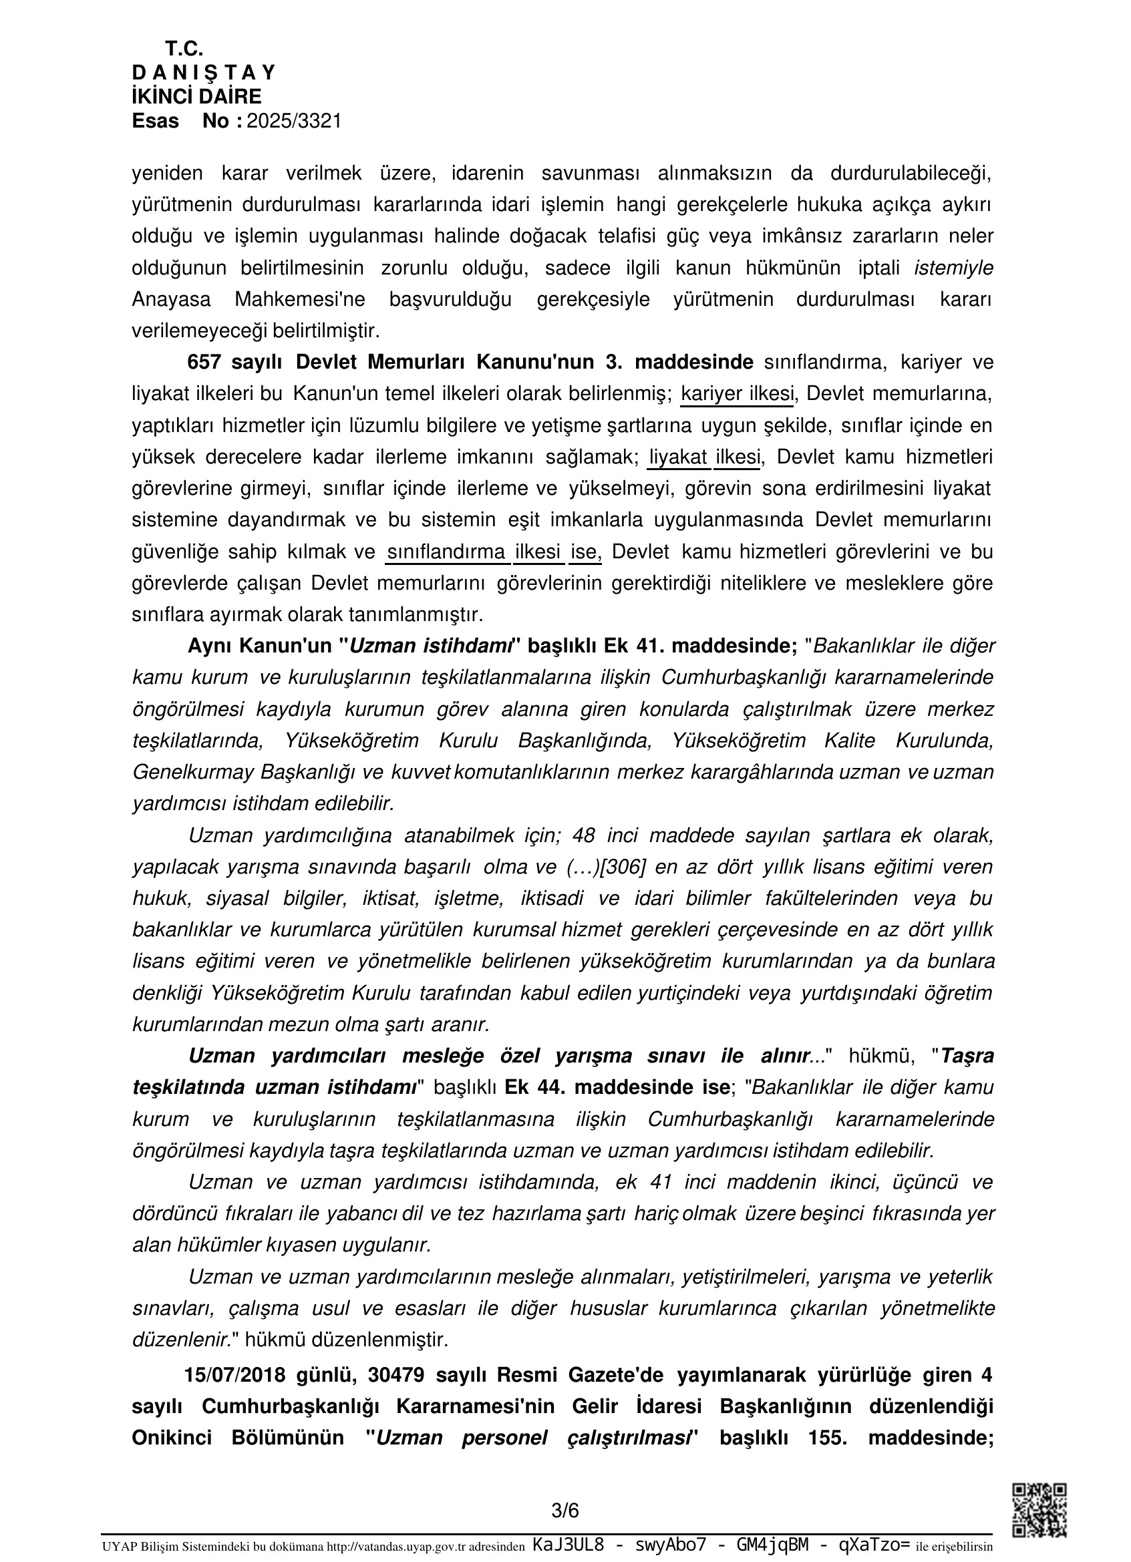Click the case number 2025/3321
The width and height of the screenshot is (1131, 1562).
coord(294,122)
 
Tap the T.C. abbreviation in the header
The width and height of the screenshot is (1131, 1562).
coord(184,49)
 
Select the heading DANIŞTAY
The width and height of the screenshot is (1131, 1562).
coord(204,72)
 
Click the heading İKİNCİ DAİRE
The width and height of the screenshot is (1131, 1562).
coord(197,96)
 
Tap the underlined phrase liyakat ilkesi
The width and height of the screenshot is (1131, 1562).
coord(704,457)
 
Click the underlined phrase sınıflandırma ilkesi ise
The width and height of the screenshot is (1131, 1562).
coord(494,552)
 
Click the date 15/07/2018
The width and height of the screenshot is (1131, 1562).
coord(234,1374)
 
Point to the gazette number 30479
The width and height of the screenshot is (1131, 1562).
coord(396,1374)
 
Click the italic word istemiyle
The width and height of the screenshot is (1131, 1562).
coord(953,268)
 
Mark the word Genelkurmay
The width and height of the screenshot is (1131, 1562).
coord(193,772)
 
